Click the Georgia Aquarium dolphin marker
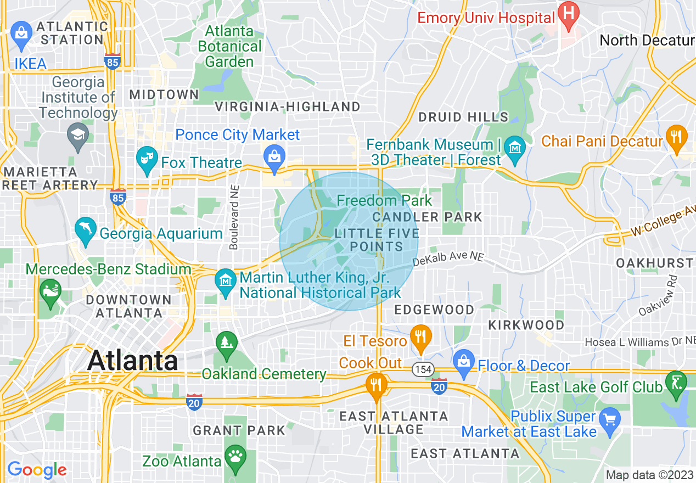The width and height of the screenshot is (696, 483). click(85, 232)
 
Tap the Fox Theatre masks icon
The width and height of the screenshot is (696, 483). click(147, 157)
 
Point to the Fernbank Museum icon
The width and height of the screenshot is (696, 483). click(515, 147)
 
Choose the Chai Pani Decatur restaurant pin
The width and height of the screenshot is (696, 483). click(676, 138)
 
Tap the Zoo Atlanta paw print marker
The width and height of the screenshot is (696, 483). click(235, 456)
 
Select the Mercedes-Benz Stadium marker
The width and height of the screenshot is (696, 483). click(51, 289)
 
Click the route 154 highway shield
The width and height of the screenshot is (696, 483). click(423, 369)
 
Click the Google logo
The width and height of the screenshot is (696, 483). click(37, 470)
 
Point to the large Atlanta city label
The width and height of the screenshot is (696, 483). click(132, 361)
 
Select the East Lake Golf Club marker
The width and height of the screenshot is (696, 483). click(675, 382)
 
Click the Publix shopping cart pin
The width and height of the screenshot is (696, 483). click(609, 419)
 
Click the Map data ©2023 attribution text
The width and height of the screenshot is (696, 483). click(649, 475)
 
